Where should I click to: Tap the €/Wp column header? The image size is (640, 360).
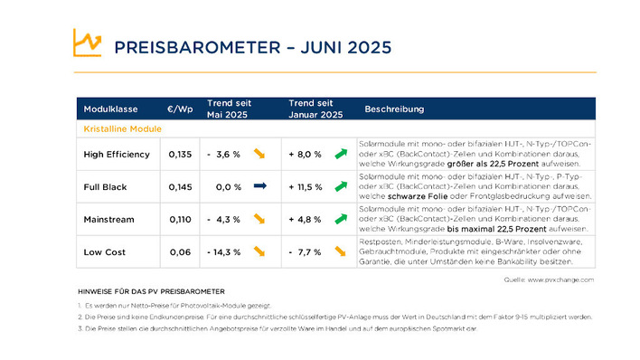coord(180,109)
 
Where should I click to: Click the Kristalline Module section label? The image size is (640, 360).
coord(122,129)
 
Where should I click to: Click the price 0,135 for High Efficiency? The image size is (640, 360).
coord(180,155)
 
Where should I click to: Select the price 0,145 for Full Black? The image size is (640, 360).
coord(180,187)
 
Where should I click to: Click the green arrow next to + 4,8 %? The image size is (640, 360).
coord(341,219)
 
